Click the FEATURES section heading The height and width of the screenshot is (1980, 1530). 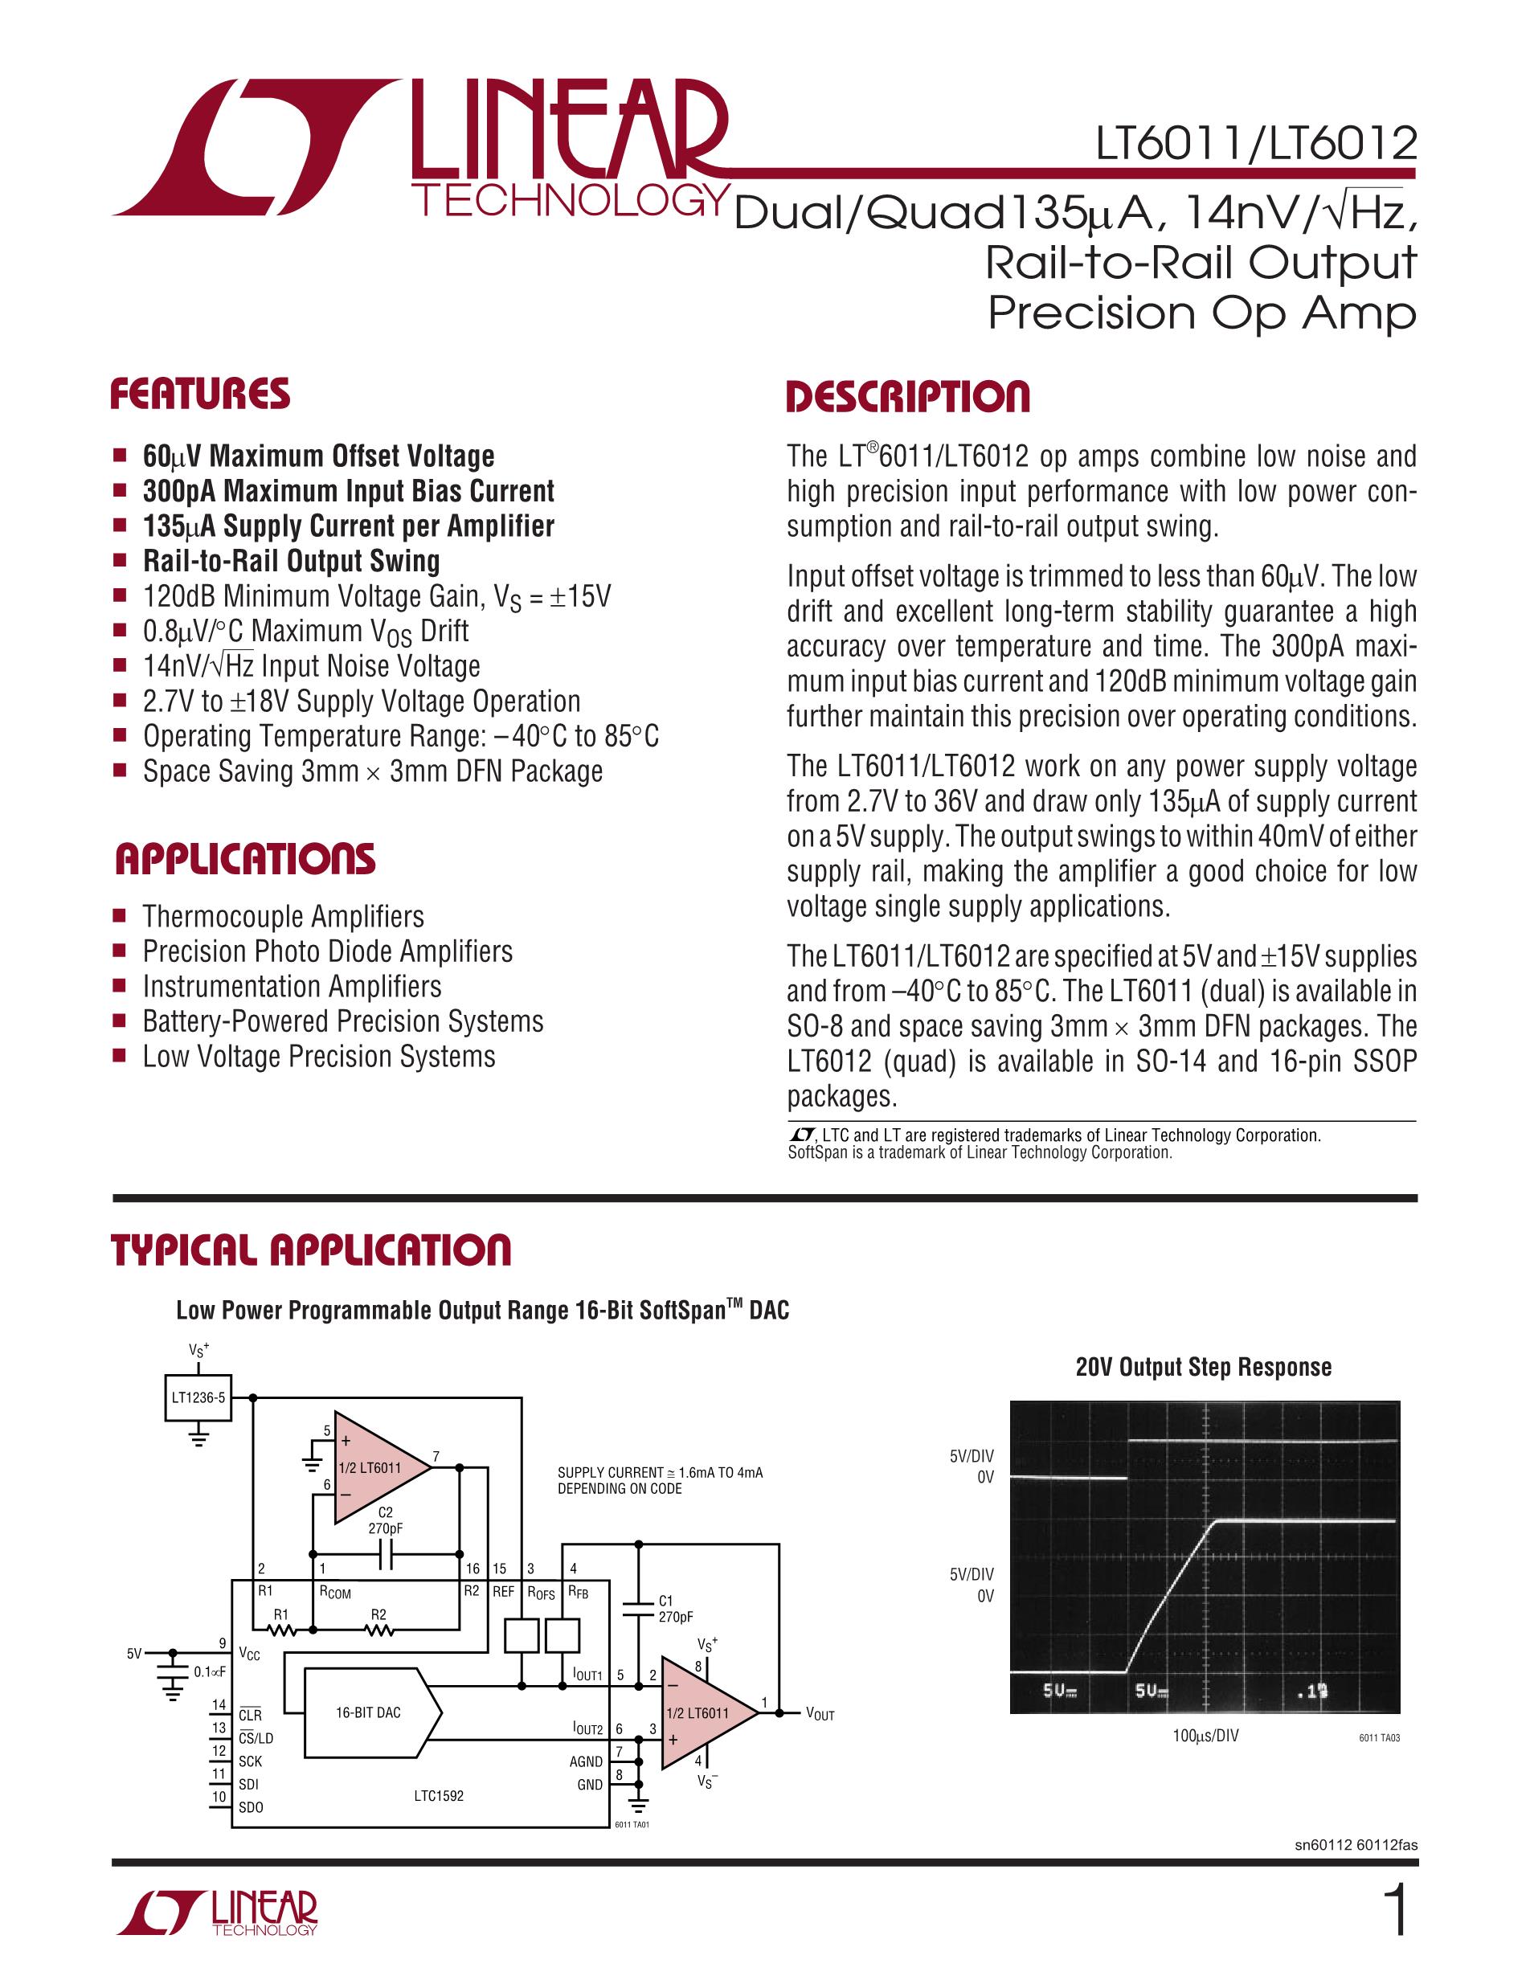(200, 395)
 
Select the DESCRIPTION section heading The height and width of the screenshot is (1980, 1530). (907, 397)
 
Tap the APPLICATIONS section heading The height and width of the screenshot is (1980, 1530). (245, 860)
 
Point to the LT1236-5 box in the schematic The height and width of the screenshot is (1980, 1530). (198, 1397)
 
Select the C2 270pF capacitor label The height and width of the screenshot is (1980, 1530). (385, 1520)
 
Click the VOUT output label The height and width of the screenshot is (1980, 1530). (820, 1713)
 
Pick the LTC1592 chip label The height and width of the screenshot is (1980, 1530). (439, 1795)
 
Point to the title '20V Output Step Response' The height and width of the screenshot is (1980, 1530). (1203, 1367)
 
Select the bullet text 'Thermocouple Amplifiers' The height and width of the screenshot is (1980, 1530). (283, 917)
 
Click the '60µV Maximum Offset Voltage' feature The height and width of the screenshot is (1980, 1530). (318, 456)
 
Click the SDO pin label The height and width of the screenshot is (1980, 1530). (250, 1807)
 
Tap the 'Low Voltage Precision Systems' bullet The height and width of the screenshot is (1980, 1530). (318, 1056)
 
